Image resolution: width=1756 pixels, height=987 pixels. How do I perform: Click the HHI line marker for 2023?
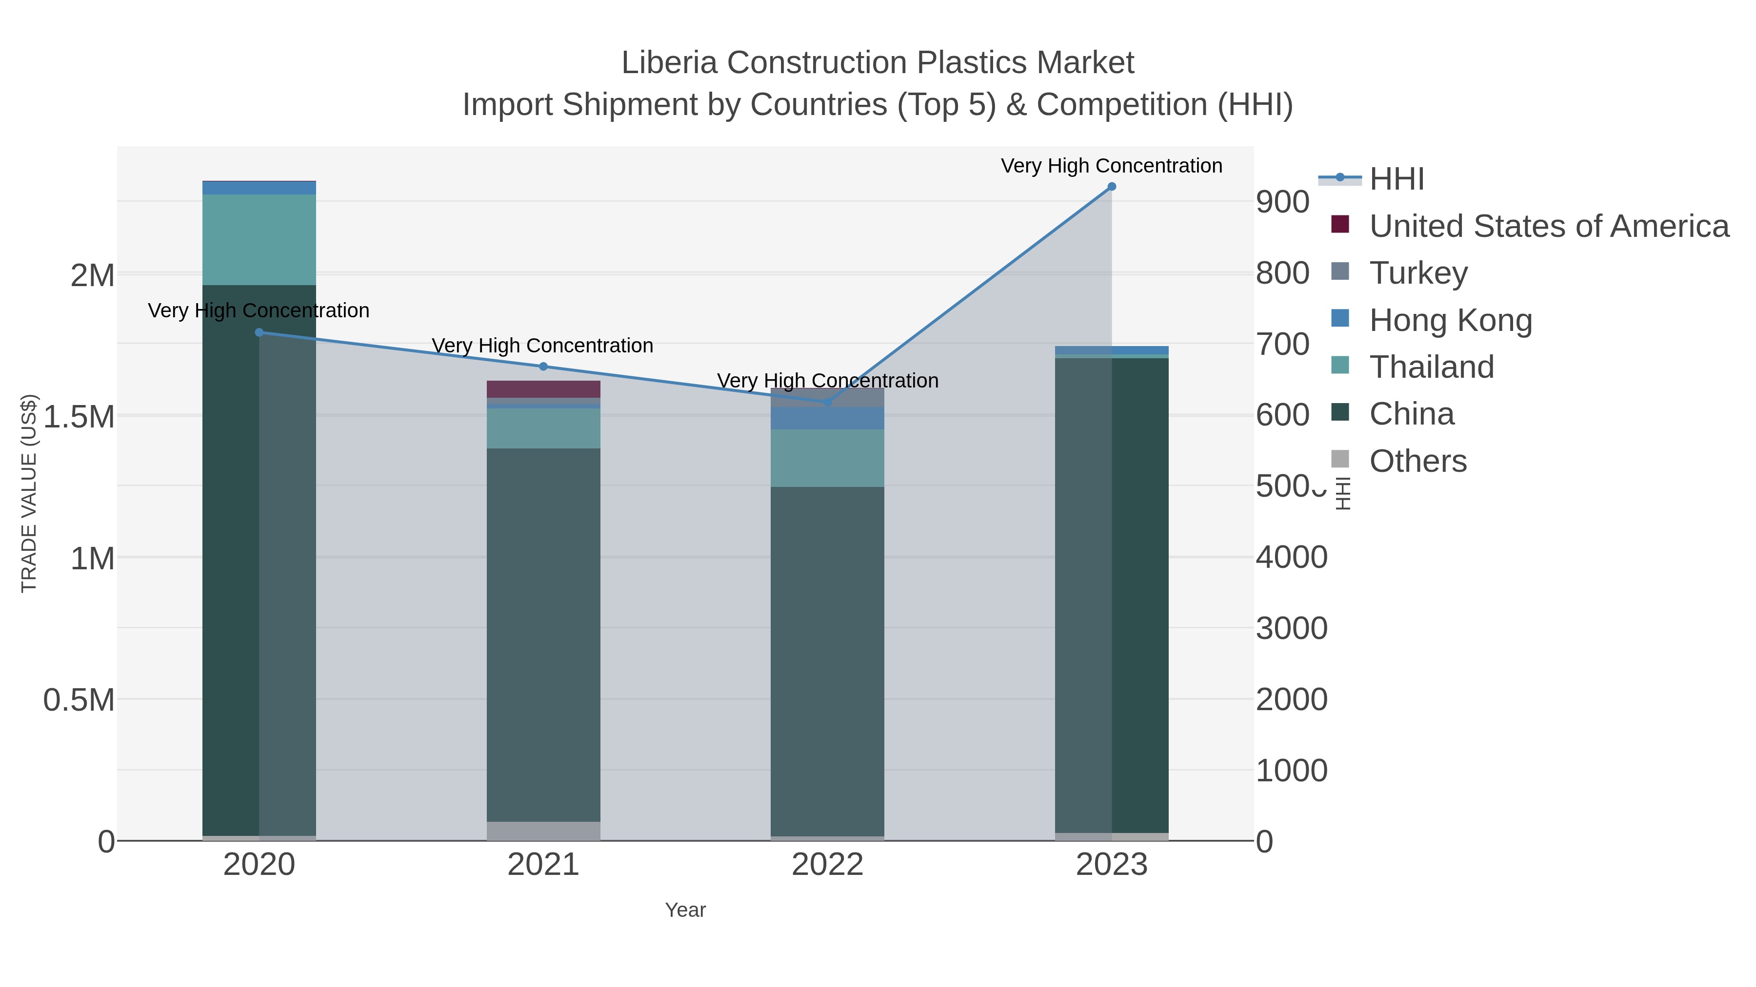[1111, 187]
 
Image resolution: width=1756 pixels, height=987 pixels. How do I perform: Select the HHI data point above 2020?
[259, 332]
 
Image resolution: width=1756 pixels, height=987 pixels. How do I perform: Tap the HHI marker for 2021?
[543, 367]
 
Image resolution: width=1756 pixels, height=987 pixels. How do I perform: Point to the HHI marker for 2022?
[828, 403]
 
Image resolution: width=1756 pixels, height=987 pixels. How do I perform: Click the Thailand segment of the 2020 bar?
[259, 240]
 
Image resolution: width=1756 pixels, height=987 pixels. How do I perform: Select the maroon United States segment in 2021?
[543, 389]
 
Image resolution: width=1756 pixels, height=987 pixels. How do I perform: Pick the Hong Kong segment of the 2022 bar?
[828, 418]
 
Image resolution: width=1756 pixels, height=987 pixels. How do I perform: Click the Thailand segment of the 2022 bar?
[828, 458]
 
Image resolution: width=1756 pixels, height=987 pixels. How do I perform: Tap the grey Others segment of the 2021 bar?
[543, 831]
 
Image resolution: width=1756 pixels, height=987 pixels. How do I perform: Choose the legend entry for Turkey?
[1418, 273]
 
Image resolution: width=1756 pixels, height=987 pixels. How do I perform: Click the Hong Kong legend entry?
[1451, 320]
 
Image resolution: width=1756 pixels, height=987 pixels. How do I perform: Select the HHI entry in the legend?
[1396, 179]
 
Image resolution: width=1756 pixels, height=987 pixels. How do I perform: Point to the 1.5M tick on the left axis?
[79, 417]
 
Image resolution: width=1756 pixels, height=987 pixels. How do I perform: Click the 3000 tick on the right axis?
[1291, 628]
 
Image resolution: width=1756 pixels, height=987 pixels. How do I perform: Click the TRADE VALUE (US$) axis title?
[29, 493]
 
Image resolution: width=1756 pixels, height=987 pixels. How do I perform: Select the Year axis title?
[685, 910]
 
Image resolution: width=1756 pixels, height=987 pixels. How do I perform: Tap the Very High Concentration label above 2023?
[1111, 166]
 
